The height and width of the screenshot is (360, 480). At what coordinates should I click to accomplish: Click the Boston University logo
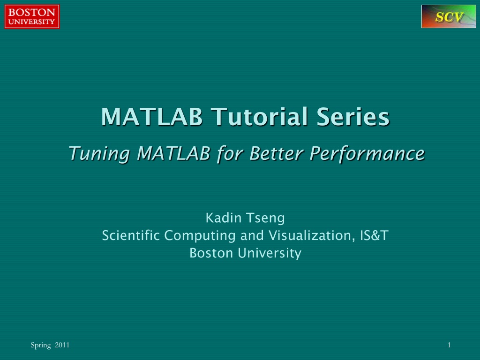click(32, 16)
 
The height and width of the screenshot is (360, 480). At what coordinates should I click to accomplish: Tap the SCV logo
click(449, 16)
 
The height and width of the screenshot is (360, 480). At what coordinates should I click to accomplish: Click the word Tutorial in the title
click(260, 117)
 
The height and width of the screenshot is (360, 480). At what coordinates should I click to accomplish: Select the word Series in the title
click(353, 117)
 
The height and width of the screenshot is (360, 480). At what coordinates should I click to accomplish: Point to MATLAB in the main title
click(152, 117)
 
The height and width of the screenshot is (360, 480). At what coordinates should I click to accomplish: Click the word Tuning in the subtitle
click(100, 154)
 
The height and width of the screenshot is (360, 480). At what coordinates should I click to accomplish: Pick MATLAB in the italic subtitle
click(173, 153)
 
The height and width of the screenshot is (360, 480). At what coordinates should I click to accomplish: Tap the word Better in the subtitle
click(277, 153)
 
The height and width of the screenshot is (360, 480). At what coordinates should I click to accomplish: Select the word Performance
click(367, 153)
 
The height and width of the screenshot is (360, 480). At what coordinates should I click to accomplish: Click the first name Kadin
click(224, 218)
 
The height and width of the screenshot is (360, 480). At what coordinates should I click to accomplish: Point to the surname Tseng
click(265, 218)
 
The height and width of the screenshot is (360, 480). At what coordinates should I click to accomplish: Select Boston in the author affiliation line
click(211, 253)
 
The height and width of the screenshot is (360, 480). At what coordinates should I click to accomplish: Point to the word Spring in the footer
click(41, 345)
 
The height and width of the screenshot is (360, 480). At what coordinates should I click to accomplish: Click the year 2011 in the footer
click(62, 345)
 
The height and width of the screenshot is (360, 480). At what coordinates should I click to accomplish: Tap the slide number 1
click(449, 345)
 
